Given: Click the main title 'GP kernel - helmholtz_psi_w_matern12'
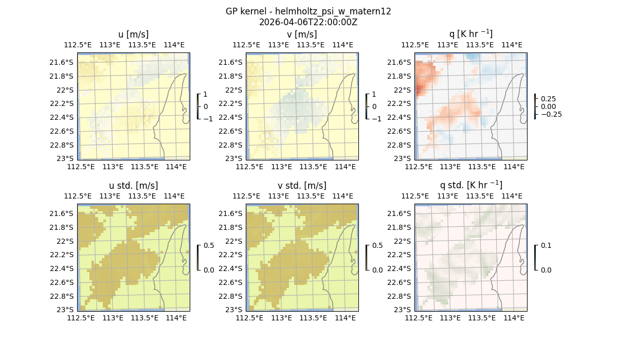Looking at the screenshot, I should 308,11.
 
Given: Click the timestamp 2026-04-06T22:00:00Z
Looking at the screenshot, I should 308,22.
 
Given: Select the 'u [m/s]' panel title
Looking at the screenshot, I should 133,34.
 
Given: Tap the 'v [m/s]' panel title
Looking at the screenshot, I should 302,34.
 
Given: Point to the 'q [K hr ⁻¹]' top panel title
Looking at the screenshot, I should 470,34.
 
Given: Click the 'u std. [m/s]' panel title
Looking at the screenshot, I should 133,186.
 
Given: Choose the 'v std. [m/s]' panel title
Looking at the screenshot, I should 302,186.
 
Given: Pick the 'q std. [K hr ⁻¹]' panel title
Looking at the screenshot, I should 470,185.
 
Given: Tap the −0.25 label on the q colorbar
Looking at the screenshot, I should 552,114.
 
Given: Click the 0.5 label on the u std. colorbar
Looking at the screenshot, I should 209,246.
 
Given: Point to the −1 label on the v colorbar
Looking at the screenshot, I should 378,118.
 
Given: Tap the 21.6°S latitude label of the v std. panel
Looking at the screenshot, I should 231,213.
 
